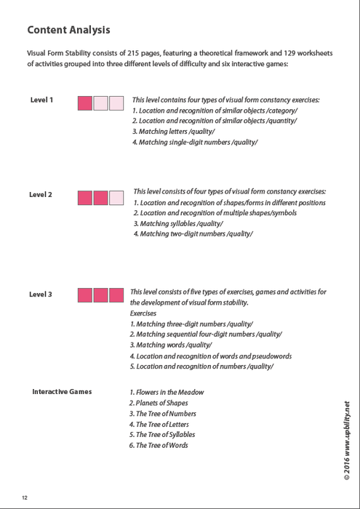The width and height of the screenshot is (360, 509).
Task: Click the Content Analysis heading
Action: (69, 31)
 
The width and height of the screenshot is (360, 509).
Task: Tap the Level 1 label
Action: (41, 100)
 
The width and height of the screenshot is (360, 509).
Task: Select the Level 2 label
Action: (41, 195)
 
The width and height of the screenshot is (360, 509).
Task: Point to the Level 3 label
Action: (41, 294)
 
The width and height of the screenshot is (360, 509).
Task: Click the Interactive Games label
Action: (62, 392)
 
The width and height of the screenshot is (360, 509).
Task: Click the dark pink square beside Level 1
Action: (84, 103)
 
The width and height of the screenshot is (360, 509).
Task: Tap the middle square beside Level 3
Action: (100, 295)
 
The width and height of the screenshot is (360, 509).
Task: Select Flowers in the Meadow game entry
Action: (167, 392)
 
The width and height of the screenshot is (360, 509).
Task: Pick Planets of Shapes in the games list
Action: (159, 403)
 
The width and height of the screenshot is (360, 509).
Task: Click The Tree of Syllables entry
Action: (166, 434)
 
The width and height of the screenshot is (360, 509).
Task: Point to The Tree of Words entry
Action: (159, 445)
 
